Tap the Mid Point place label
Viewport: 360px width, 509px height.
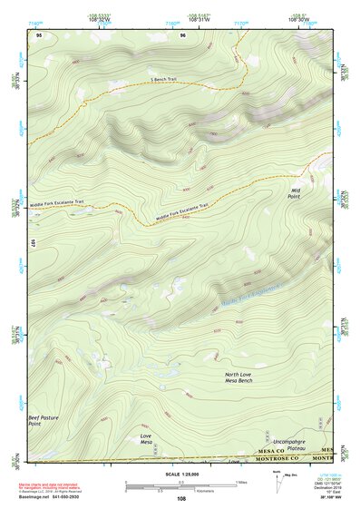point(295,192)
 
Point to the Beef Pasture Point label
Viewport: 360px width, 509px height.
point(41,420)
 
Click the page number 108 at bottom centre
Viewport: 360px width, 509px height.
point(181,499)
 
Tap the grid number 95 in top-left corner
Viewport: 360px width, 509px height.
point(38,35)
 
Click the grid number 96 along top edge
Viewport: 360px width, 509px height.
point(182,35)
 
